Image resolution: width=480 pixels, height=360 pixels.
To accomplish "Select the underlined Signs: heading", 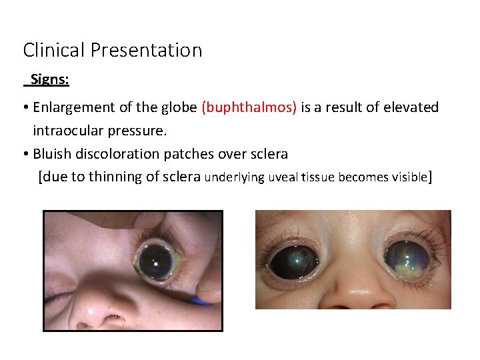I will (x=49, y=80).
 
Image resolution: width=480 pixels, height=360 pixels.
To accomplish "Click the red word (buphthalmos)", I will (x=249, y=107).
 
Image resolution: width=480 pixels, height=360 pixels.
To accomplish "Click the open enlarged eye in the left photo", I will (x=157, y=260).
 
